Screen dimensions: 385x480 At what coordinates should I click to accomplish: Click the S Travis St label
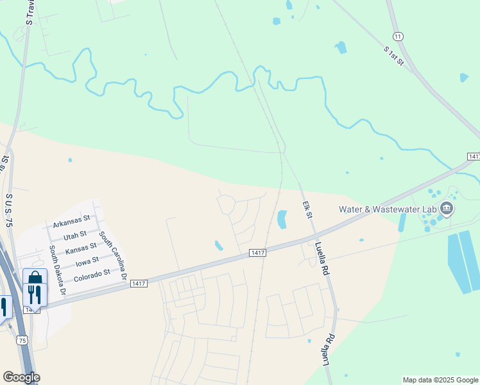pos(30,13)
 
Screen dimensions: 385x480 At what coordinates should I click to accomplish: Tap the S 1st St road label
pos(393,55)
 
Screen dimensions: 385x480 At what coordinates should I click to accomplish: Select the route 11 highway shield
pos(399,37)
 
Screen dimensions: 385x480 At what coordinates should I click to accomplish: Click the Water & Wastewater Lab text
pos(388,209)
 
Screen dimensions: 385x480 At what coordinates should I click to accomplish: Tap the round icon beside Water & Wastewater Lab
pos(447,209)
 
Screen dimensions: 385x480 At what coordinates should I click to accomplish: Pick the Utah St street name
pos(74,235)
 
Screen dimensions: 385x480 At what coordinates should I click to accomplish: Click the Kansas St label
pos(81,247)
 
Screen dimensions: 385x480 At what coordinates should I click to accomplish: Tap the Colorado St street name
pos(92,275)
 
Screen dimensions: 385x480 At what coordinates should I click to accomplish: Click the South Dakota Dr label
pos(58,270)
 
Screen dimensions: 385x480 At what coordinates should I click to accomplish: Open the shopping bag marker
pos(35,280)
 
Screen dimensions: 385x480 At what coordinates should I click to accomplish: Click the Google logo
pos(21,377)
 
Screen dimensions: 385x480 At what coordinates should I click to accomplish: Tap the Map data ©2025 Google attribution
pos(440,380)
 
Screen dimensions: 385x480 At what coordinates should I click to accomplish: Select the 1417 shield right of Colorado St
pos(138,283)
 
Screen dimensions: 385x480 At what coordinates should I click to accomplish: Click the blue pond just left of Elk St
pos(282,219)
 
